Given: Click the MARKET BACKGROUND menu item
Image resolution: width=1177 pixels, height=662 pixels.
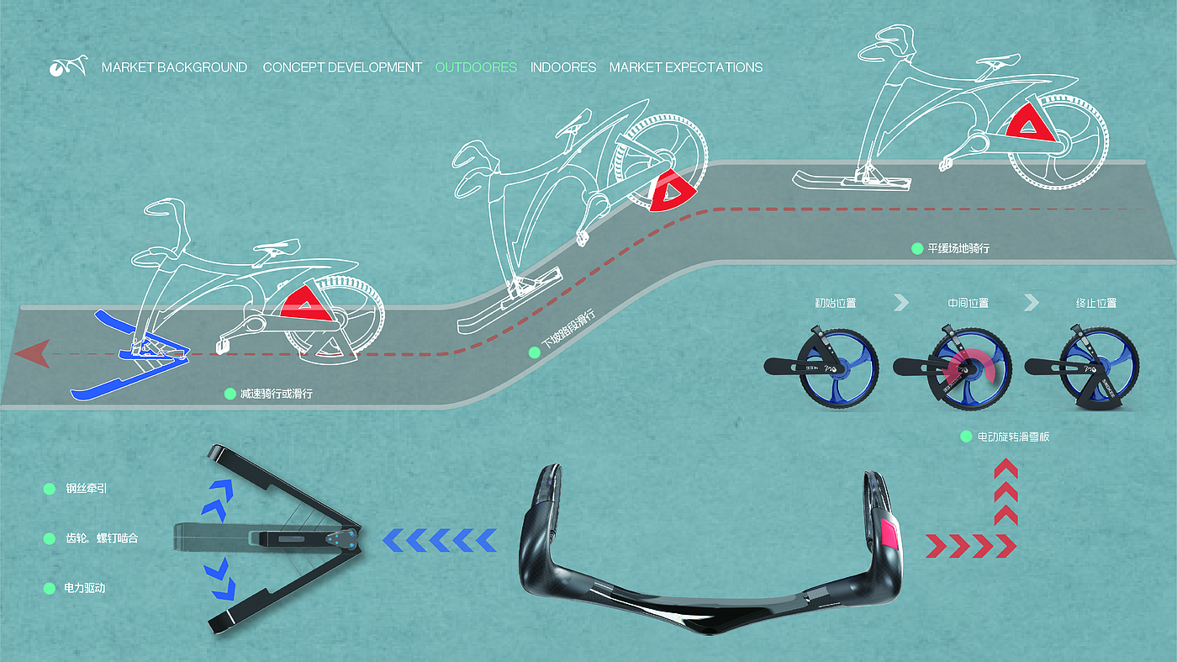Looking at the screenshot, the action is coord(174,67).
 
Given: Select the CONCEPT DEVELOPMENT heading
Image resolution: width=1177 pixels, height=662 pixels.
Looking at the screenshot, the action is coord(342,67).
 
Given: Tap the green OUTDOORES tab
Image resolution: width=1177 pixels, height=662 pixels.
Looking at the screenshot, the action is coord(476,67).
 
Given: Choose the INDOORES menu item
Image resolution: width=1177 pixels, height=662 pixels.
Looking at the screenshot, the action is coord(563,67).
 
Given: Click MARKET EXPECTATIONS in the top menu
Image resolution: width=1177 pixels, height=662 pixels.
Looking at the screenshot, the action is coord(686,67).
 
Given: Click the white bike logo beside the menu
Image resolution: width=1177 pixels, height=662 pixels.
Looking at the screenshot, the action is coord(68,66).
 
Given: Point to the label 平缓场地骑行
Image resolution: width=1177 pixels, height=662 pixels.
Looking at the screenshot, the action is coord(958,249).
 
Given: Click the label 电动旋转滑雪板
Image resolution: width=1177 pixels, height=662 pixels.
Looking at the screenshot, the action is coord(1013,437).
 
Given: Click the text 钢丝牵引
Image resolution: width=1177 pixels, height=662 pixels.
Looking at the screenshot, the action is coord(87,489).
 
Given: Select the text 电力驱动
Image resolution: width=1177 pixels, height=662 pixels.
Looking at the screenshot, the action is coord(85,589).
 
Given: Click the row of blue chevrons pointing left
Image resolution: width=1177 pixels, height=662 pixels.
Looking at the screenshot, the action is coord(440,540).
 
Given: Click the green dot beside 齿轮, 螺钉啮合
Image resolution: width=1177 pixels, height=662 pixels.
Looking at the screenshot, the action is coord(49,538).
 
